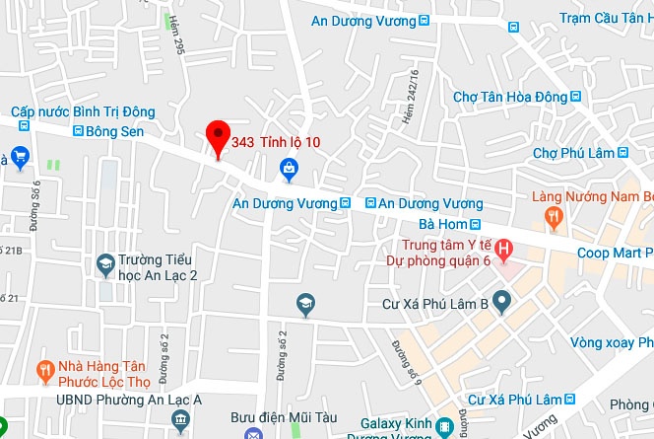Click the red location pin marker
click(217, 138)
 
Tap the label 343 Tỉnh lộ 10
click(276, 142)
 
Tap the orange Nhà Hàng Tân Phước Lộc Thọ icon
click(43, 371)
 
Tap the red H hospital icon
click(503, 248)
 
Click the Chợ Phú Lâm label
click(573, 153)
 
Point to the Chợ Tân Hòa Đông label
click(510, 97)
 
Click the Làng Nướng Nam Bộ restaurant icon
click(555, 217)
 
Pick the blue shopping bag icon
click(290, 171)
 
